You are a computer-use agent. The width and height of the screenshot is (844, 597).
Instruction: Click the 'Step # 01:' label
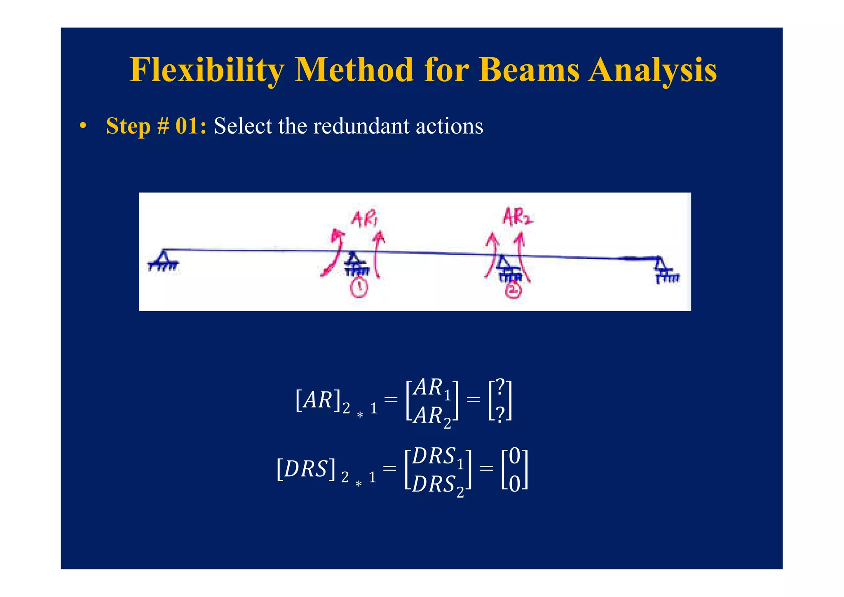click(156, 126)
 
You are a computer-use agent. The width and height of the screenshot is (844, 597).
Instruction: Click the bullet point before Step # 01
click(83, 126)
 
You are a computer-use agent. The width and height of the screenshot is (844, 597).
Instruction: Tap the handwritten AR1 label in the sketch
click(364, 219)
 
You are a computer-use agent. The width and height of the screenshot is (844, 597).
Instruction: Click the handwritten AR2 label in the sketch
click(517, 216)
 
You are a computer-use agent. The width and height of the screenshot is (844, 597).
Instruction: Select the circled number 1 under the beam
click(359, 287)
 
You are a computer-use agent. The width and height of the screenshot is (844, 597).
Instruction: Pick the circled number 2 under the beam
click(513, 291)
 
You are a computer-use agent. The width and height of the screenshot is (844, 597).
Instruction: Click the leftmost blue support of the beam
click(164, 261)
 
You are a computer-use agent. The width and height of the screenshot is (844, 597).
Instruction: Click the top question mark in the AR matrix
click(500, 387)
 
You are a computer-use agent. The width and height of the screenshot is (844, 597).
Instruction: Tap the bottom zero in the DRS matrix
click(515, 484)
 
